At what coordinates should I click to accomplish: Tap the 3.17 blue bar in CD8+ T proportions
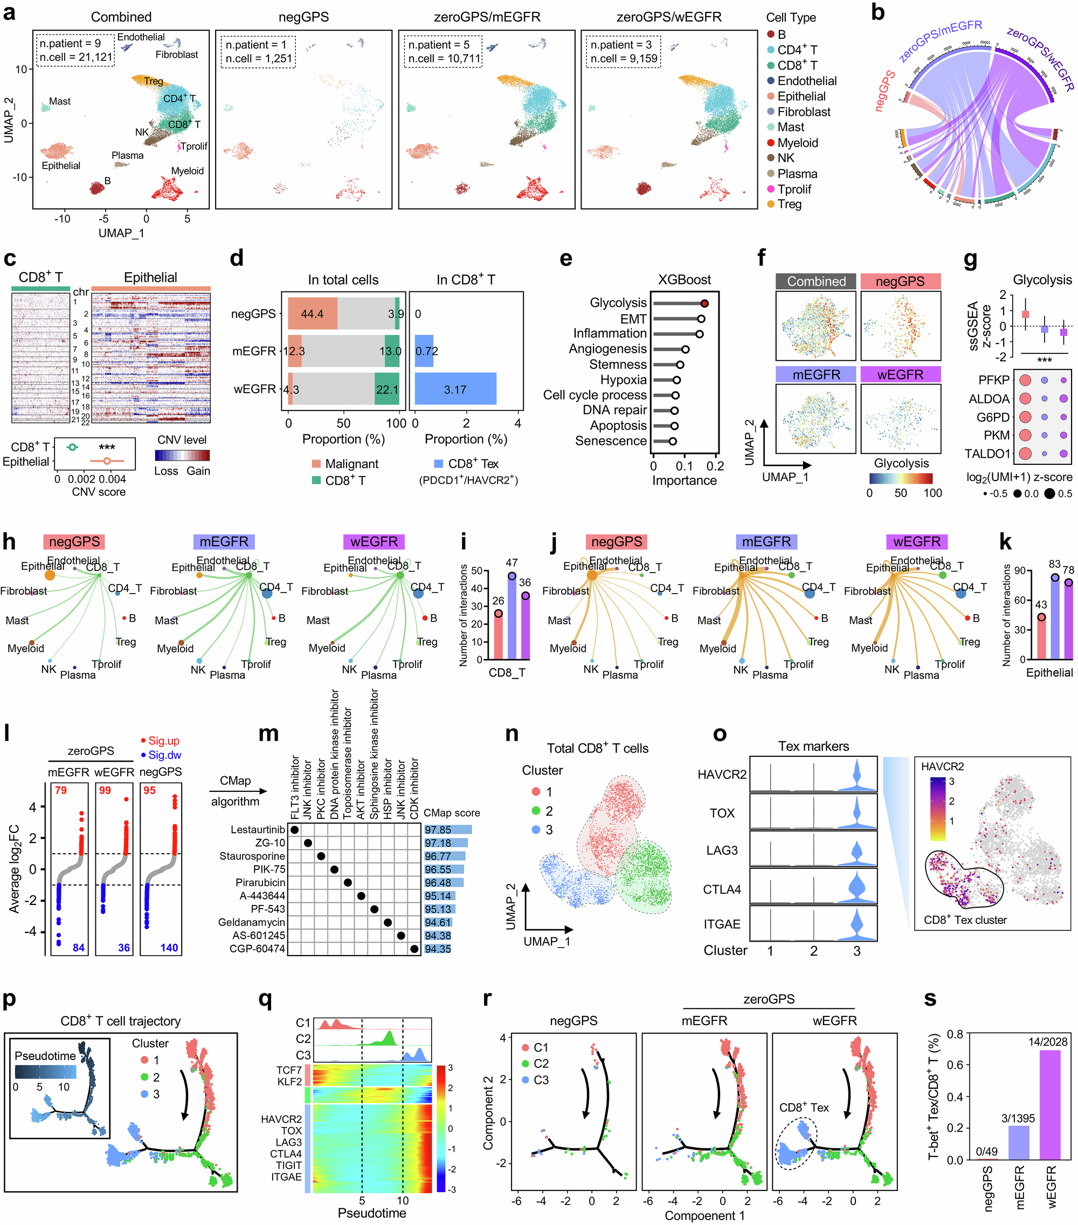click(455, 389)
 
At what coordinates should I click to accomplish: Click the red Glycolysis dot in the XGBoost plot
click(704, 303)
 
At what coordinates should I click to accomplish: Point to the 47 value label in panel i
click(512, 563)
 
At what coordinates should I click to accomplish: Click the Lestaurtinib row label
click(258, 830)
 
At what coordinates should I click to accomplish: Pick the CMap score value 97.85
click(438, 830)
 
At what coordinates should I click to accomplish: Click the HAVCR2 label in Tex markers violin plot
click(722, 774)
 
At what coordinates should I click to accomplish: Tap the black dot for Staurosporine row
click(321, 857)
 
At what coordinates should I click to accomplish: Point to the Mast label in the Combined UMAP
click(59, 101)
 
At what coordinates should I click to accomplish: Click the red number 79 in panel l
click(60, 790)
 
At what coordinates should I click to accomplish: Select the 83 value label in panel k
click(1055, 564)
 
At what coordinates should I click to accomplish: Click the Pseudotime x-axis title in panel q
click(372, 1213)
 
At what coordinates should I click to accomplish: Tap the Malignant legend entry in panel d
click(351, 464)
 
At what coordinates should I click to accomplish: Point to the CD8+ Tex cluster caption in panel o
click(965, 920)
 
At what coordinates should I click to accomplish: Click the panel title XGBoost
click(684, 279)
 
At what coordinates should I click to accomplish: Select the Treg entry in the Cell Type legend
click(789, 204)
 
